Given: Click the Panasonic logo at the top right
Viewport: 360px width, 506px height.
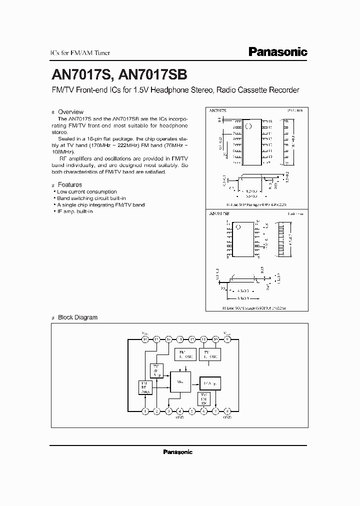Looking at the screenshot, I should pos(278,52).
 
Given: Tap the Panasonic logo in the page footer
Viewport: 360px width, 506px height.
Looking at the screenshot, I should pos(178,451).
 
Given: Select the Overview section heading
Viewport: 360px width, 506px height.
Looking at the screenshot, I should pos(70,111).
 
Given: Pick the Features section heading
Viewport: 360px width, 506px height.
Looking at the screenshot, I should pos(70,184).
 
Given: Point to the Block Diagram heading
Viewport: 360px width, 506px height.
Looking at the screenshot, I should pos(77,317).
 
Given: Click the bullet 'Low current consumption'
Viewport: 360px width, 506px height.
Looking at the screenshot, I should pos(86,191).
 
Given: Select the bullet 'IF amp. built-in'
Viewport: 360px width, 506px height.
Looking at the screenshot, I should pos(74,211).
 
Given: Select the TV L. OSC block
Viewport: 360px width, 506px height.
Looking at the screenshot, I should pos(209,354).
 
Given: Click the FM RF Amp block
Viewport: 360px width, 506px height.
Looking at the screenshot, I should pos(145,387).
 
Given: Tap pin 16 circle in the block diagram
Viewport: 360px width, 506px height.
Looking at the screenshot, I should pos(145,339).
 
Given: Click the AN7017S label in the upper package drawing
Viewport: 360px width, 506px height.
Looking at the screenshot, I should pos(218,109).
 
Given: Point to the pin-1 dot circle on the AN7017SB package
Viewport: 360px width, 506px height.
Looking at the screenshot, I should pos(239,226).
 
